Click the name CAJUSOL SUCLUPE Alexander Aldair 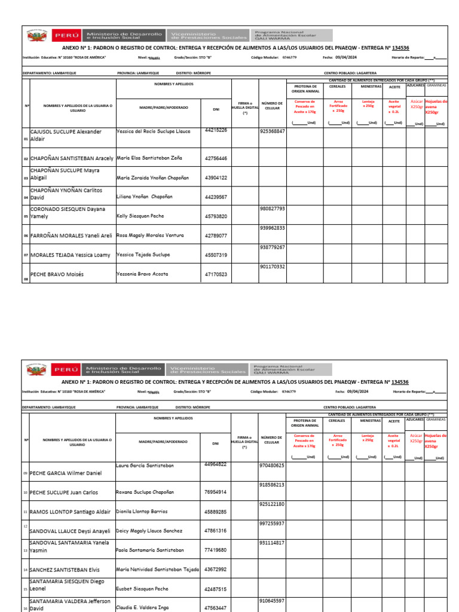pyautogui.click(x=66, y=135)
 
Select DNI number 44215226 pyautogui.click(x=216, y=130)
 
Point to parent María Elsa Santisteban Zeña pyautogui.click(x=149, y=158)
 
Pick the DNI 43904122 pyautogui.click(x=216, y=178)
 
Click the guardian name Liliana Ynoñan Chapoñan pyautogui.click(x=145, y=197)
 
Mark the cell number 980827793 pyautogui.click(x=273, y=209)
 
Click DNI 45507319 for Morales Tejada pyautogui.click(x=216, y=255)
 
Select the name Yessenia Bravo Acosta pyautogui.click(x=142, y=274)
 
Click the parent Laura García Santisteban pyautogui.click(x=145, y=465)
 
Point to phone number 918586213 pyautogui.click(x=272, y=485)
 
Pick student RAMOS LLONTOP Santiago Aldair pyautogui.click(x=70, y=512)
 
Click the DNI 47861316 pyautogui.click(x=216, y=531)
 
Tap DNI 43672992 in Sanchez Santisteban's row pyautogui.click(x=216, y=570)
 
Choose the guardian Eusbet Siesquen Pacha pyautogui.click(x=143, y=589)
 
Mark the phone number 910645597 pyautogui.click(x=272, y=601)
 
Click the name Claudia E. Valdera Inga pyautogui.click(x=142, y=608)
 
